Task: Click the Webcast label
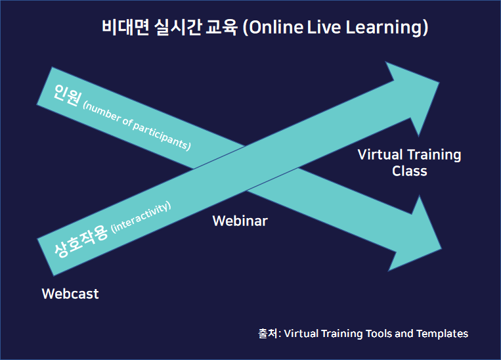point(70,294)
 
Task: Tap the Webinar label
point(240,221)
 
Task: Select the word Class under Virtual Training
point(410,171)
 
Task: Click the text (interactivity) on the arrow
point(142,217)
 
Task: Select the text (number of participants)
point(137,125)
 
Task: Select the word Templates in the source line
point(441,334)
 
